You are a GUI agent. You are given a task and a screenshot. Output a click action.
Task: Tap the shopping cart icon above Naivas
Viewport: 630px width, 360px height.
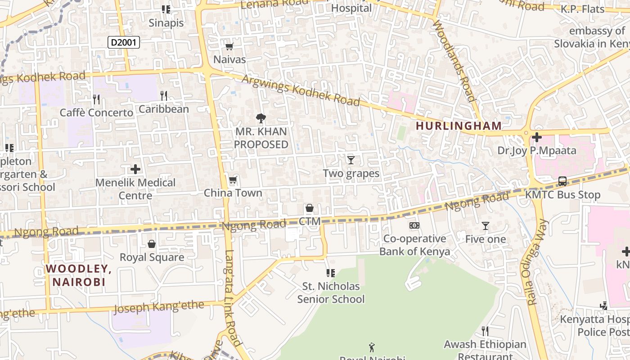coord(229,46)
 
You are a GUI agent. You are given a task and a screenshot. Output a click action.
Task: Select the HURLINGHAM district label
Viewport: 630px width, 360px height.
coord(459,126)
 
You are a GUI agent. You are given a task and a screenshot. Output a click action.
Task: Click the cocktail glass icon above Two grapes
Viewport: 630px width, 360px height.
coord(351,160)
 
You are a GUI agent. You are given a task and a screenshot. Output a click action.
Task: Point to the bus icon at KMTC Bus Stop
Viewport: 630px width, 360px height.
coord(562,181)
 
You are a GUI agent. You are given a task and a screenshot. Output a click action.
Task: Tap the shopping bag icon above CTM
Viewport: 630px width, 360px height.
coord(310,208)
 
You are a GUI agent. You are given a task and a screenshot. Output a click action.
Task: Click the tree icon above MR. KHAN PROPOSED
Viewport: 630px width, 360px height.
coord(261,118)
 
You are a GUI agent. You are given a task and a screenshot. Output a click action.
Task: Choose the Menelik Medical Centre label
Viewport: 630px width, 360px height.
coord(135,189)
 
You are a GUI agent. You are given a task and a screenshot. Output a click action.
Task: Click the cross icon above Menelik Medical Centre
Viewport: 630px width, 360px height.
coord(135,169)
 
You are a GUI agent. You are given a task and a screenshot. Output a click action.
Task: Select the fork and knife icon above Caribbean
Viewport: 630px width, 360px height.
coord(164,95)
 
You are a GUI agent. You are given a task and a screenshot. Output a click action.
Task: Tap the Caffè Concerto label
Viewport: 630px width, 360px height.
coord(97,112)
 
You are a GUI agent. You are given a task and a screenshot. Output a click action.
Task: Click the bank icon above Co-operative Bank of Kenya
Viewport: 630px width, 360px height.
coord(414,225)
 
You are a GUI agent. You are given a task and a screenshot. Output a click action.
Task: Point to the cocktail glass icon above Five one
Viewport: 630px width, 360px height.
coord(485,226)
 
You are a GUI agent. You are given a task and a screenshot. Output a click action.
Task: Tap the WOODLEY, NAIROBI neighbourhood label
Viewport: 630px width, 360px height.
coord(79,275)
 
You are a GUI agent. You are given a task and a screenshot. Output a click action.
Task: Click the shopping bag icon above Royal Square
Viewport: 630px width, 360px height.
coord(152,244)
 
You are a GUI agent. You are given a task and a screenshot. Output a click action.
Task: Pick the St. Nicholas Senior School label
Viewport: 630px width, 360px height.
coord(331,292)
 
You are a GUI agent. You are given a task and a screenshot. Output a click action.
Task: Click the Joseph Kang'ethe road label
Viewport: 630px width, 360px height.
coord(158,308)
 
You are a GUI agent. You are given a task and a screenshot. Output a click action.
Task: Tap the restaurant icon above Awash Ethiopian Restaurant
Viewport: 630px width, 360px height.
coord(485,331)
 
